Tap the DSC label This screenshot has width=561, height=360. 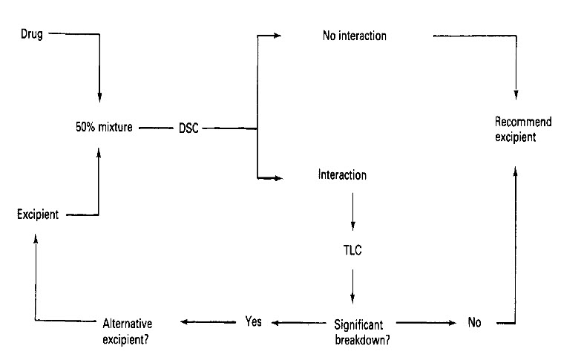tap(188, 128)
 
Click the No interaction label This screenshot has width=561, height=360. tap(355, 35)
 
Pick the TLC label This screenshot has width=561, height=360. tap(352, 250)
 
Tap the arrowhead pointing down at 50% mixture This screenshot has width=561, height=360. tap(99, 99)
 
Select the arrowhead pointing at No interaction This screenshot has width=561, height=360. tap(277, 35)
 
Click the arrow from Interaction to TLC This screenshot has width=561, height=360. tap(352, 212)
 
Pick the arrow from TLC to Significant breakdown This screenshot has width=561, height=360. tap(352, 287)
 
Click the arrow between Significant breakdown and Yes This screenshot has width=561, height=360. tap(297, 322)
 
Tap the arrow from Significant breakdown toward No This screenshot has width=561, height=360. tap(427, 322)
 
